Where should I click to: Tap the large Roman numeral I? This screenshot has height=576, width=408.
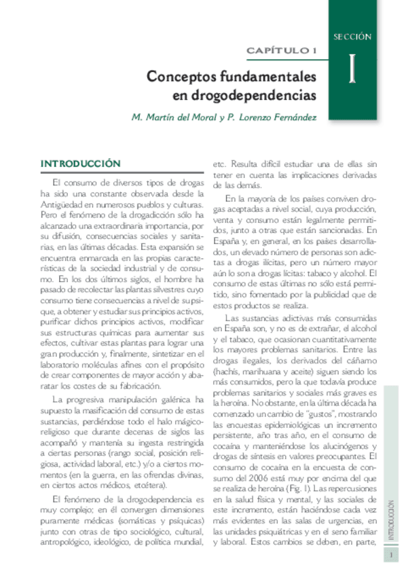tap(352, 70)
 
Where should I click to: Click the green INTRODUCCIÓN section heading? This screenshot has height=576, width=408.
tap(81, 164)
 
